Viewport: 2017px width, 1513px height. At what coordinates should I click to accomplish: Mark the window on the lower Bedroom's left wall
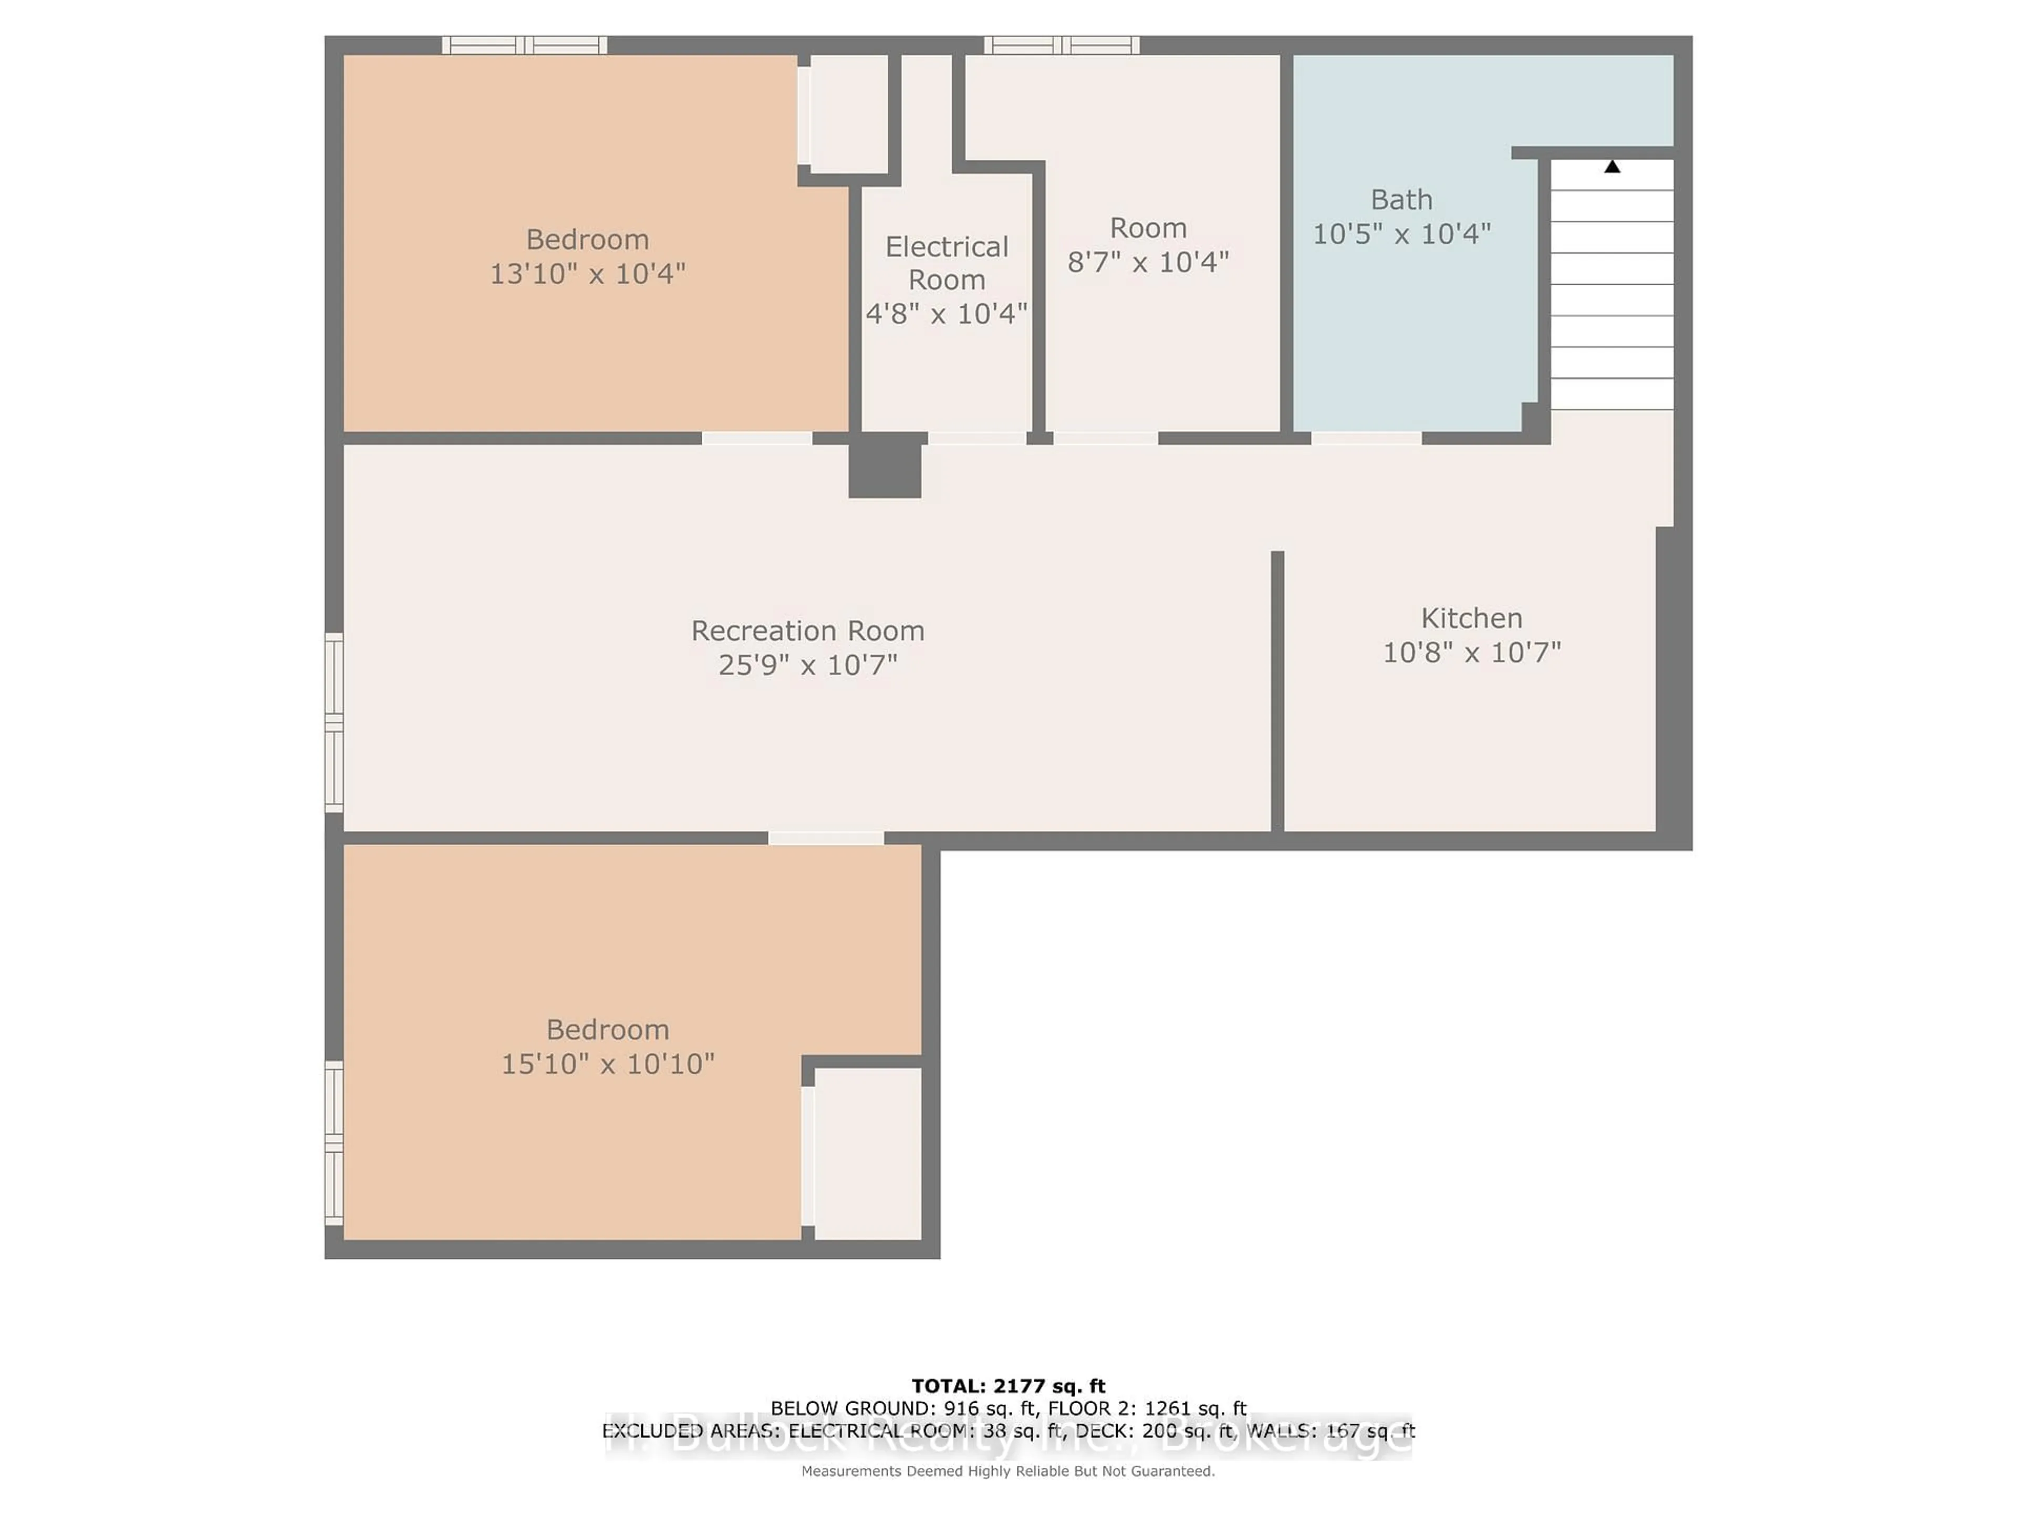(x=334, y=1143)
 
